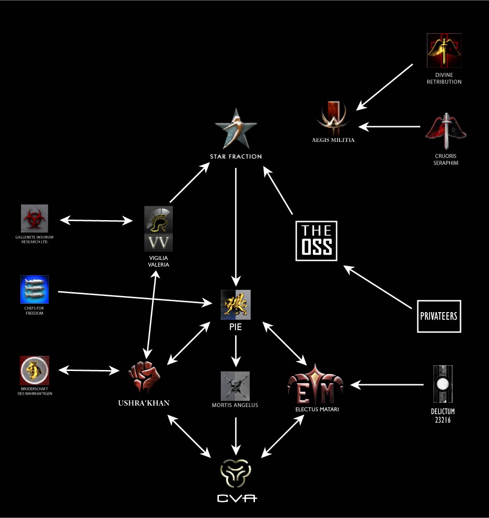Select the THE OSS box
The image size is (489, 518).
(316, 240)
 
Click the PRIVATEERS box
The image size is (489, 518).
(439, 316)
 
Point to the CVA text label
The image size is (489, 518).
(236, 498)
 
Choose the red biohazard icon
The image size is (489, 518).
(35, 219)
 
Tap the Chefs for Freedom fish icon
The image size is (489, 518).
(35, 289)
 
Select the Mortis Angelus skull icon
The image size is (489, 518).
(235, 386)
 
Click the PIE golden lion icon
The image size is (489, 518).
(235, 305)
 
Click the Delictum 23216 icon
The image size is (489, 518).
(442, 384)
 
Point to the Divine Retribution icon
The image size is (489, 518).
(444, 50)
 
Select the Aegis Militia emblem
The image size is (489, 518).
(335, 118)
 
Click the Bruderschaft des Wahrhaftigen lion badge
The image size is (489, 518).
(35, 370)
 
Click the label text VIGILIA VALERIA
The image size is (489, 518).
(159, 261)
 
